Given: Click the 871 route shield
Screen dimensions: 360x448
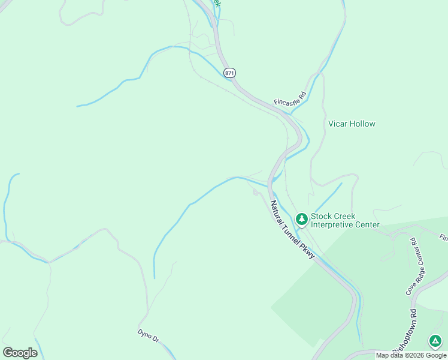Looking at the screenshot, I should tap(230, 73).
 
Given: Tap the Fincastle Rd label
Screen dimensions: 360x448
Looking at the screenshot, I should tap(290, 98).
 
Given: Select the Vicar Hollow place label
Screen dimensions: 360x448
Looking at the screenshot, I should tap(352, 124).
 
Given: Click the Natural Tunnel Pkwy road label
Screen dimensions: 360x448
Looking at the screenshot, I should tap(292, 229).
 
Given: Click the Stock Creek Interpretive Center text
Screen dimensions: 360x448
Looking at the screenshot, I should tap(344, 220).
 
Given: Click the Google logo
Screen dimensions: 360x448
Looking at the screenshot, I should tap(20, 353).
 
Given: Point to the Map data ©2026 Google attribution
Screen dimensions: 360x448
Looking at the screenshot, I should tap(411, 355).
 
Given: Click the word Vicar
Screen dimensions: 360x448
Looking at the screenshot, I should tap(337, 124).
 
